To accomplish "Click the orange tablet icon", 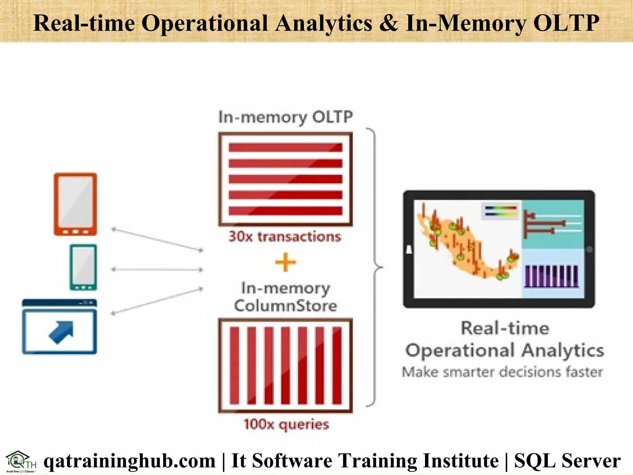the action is click(75, 204).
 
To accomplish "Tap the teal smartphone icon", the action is click(83, 267).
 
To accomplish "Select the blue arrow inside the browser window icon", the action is click(62, 332).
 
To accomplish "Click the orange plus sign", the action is click(285, 262).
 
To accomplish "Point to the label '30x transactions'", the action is click(285, 237).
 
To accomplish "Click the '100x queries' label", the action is click(286, 424).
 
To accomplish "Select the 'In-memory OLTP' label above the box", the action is click(285, 117).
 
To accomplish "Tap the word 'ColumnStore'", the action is click(285, 306).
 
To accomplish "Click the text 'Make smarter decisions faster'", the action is click(502, 372).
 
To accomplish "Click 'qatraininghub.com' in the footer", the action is click(130, 461).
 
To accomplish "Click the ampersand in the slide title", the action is click(388, 23).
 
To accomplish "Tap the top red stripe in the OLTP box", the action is click(285, 147).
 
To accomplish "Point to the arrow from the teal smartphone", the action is click(157, 270).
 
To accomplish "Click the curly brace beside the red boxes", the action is click(375, 267).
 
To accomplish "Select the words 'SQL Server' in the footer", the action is click(567, 461).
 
